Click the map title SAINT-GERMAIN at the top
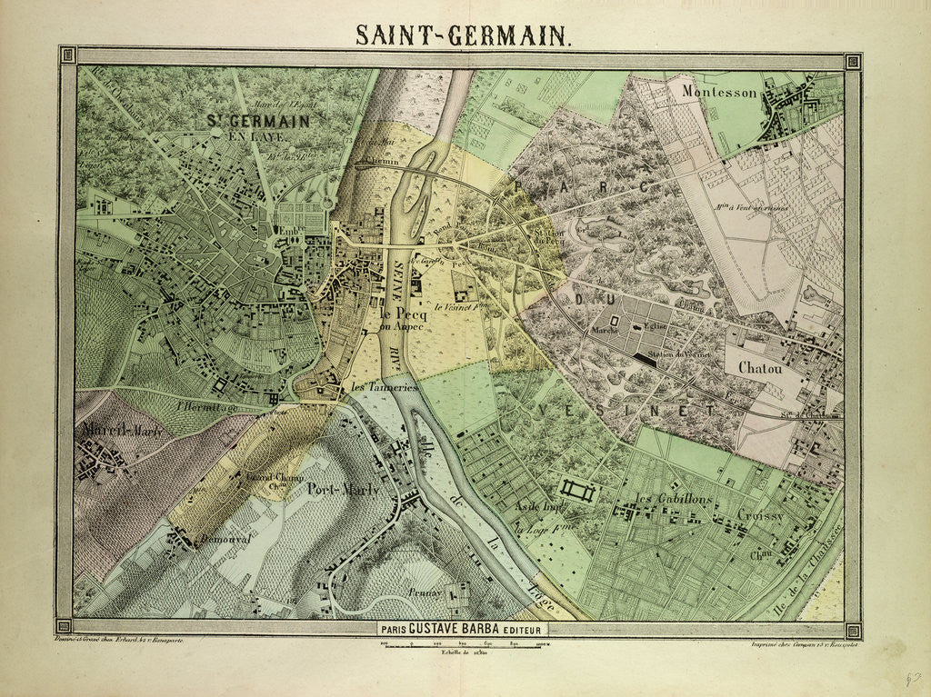[x=464, y=35]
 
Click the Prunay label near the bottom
[x=424, y=592]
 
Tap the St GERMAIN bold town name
[x=256, y=121]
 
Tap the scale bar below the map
[x=465, y=643]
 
